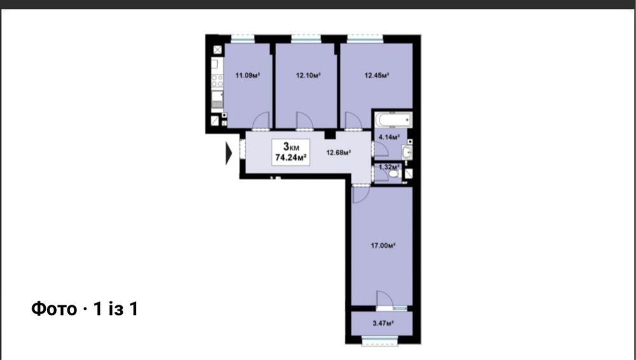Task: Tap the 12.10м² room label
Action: [308, 75]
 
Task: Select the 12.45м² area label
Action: [377, 75]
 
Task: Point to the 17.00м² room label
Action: [384, 246]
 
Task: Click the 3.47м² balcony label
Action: [384, 324]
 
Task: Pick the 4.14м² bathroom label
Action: [389, 137]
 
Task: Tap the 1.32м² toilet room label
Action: [388, 167]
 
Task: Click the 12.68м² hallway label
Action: [339, 153]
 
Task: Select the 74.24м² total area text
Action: [291, 158]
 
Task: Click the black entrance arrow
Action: [228, 154]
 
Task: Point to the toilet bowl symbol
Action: [394, 174]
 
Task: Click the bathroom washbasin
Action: [407, 152]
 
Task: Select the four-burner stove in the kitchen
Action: [217, 81]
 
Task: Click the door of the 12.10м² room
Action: [304, 121]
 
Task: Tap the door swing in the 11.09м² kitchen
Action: [261, 121]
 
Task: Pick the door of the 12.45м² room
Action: [353, 121]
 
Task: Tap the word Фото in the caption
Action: [54, 309]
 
